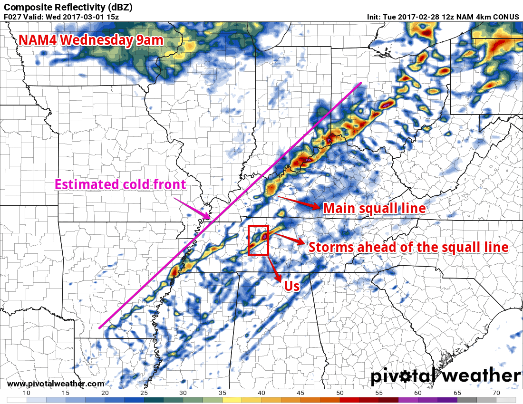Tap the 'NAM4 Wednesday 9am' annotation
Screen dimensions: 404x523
[91, 40]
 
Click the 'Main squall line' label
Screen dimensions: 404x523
[374, 208]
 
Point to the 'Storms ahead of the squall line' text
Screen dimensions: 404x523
[408, 247]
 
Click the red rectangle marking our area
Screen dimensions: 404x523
[259, 240]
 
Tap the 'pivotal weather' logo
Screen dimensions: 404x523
[446, 376]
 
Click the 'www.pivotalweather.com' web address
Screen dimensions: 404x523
[56, 384]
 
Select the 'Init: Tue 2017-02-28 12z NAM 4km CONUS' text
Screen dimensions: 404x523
[443, 17]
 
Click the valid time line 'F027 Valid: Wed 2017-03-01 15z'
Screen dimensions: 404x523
[61, 17]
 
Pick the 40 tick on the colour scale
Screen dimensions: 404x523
[261, 393]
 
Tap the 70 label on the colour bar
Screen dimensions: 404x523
[495, 393]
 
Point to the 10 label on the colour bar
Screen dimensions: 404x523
[27, 393]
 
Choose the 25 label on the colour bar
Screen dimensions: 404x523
[144, 393]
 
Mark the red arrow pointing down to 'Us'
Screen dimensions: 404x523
[274, 269]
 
